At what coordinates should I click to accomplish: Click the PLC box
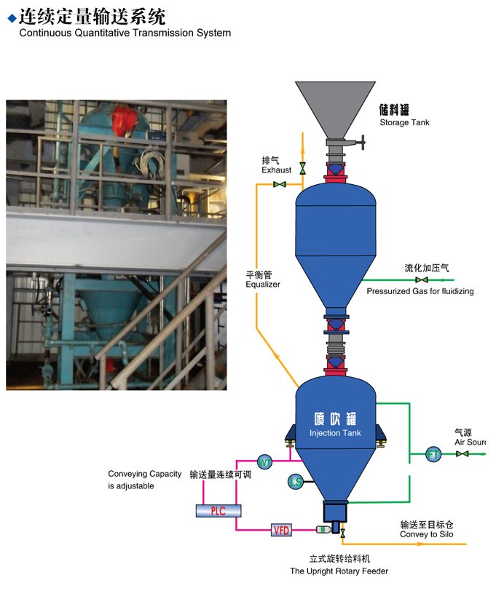218,510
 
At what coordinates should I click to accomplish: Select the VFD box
281,530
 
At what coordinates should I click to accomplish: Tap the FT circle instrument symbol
433,455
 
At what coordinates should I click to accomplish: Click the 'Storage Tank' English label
404,122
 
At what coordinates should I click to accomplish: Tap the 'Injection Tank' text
335,433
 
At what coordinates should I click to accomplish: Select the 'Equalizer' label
263,284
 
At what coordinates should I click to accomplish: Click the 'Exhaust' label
276,170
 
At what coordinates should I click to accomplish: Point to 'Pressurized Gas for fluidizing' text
420,291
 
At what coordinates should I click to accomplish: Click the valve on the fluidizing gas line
421,279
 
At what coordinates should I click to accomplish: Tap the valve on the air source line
462,454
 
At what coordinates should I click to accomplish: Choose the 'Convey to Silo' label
426,535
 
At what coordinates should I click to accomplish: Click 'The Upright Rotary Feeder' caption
339,571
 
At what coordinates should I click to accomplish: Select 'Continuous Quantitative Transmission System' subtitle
125,33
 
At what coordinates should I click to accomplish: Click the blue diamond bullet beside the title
11,16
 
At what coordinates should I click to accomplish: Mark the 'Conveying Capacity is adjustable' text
144,480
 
